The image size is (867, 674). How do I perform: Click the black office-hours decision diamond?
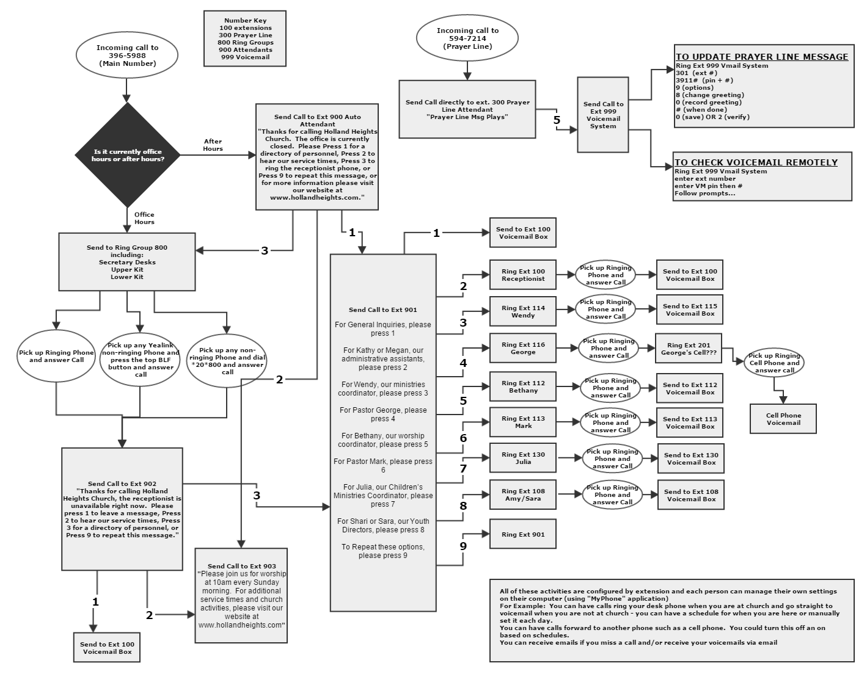pos(128,155)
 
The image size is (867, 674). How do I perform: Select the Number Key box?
pos(246,38)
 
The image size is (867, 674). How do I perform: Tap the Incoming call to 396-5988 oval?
pos(127,56)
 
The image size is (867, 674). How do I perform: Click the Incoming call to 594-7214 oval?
pos(467,38)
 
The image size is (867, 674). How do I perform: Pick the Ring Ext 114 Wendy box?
pos(522,311)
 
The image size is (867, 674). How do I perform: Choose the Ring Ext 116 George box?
pos(522,348)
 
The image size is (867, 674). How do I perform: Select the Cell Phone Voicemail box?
pos(783,419)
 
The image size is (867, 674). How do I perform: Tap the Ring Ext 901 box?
pos(522,535)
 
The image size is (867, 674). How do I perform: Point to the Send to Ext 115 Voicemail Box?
pos(690,310)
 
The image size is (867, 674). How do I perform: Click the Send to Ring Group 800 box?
pos(127,262)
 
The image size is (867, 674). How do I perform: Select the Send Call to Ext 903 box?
pos(241,595)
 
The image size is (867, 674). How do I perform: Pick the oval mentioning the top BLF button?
pos(141,360)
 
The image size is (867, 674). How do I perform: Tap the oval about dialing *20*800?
pos(227,361)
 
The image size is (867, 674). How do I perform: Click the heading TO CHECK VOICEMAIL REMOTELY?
pos(756,162)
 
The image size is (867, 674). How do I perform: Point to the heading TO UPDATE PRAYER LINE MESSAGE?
pos(761,57)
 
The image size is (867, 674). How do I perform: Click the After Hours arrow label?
pos(213,145)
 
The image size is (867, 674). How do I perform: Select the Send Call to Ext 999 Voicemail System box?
pos(603,115)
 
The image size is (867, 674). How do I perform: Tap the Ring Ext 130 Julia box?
pos(522,458)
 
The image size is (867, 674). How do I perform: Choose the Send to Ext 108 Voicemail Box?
pos(691,495)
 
